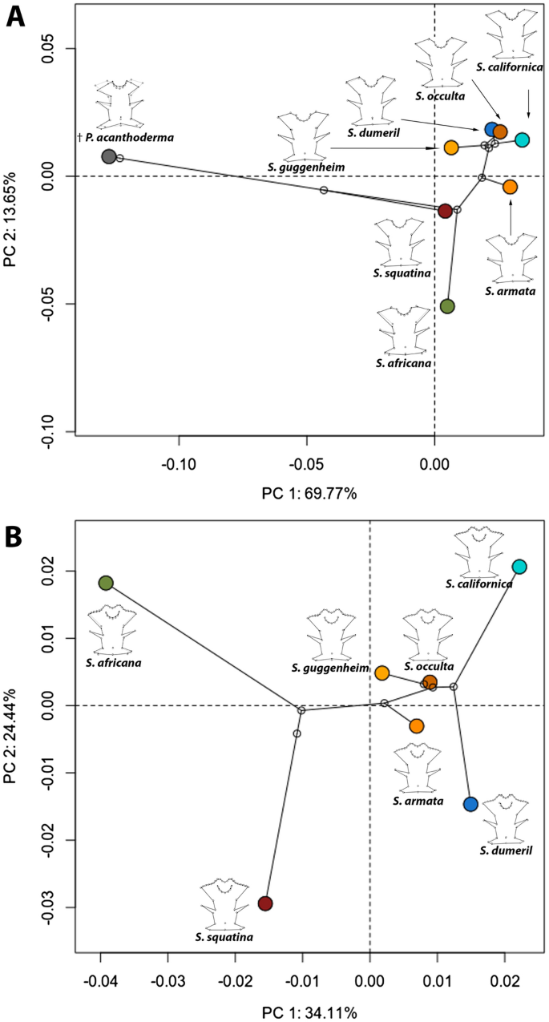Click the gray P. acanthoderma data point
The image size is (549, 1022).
[109, 156]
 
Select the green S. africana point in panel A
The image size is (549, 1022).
[447, 306]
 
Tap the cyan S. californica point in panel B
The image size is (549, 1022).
[519, 567]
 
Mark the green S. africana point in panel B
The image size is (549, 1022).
[106, 583]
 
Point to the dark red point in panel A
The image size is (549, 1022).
[445, 211]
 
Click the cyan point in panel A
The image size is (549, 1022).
[522, 139]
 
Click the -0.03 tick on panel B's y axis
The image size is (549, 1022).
[49, 907]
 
